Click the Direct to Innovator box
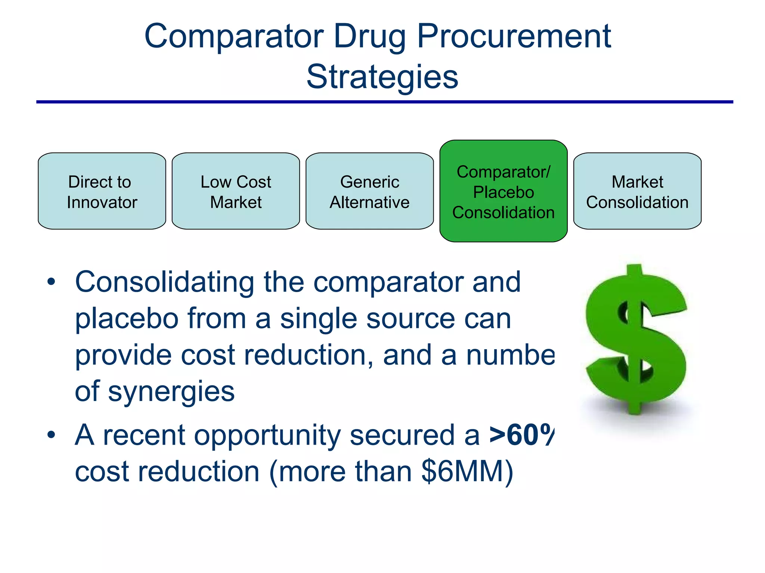[102, 191]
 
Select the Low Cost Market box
[236, 191]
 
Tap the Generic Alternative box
[369, 191]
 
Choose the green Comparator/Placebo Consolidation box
[503, 191]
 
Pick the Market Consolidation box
[637, 191]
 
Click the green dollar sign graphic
[636, 339]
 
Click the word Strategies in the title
[382, 77]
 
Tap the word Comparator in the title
[234, 36]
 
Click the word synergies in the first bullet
[171, 392]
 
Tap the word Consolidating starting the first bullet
[165, 282]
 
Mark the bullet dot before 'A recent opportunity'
[51, 435]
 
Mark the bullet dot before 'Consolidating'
[51, 282]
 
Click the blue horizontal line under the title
[385, 102]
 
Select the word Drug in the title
[369, 36]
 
